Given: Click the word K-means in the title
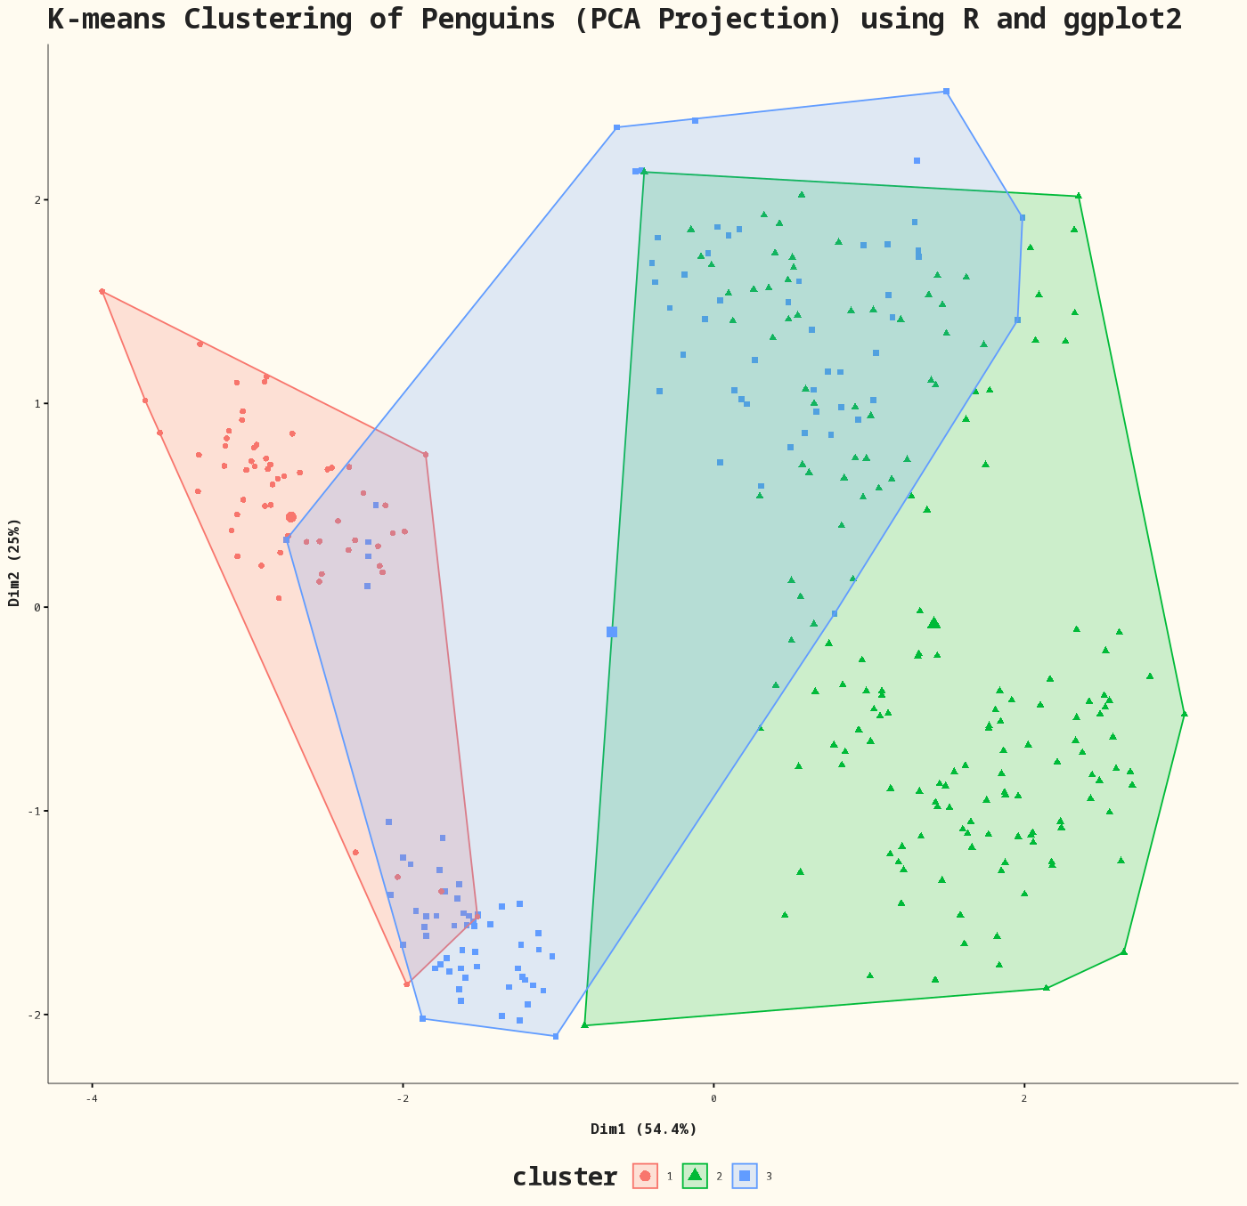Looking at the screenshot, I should click(106, 20).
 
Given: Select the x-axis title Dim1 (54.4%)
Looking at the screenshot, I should click(643, 1129).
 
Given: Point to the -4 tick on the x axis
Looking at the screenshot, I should click(91, 1098).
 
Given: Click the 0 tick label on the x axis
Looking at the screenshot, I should click(713, 1098).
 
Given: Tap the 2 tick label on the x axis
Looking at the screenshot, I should click(1023, 1098).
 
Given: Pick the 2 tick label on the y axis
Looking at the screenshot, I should click(38, 199).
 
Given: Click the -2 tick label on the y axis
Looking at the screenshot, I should click(36, 1015).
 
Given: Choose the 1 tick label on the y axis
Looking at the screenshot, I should click(38, 403).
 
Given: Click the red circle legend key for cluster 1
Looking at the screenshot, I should click(645, 1176).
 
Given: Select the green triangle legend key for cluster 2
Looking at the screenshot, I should click(695, 1176).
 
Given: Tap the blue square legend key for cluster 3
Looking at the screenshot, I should click(745, 1176).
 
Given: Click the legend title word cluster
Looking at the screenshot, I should click(564, 1177).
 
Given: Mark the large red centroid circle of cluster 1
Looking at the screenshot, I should click(290, 517).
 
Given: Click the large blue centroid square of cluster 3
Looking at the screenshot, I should click(612, 632).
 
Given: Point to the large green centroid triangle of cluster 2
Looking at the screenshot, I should click(933, 622).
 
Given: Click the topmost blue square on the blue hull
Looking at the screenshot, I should click(946, 92).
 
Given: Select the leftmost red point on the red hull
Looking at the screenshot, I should click(102, 292).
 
